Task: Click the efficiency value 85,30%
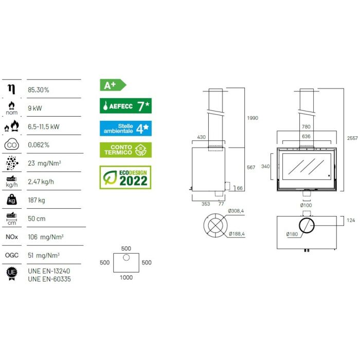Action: tap(39, 90)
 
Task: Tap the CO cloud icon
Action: tap(12, 145)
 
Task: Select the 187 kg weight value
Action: tap(37, 200)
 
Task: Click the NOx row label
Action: tap(12, 237)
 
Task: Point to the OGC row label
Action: tap(12, 255)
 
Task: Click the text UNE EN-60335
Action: tap(49, 279)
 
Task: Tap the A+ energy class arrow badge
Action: tap(113, 85)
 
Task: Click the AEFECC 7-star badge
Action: tap(125, 106)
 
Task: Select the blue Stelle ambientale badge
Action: tap(125, 129)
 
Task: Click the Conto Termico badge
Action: tap(125, 150)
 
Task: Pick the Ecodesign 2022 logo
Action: tap(125, 177)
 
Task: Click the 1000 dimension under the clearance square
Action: tap(126, 277)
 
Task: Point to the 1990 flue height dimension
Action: tap(253, 118)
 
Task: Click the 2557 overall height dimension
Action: tap(352, 138)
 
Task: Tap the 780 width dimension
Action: tap(306, 127)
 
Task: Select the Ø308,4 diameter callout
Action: tap(236, 211)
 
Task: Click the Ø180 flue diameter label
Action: tap(292, 234)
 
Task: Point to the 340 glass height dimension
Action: tap(265, 166)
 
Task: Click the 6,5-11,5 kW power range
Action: tap(44, 127)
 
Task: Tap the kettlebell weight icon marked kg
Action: tap(12, 200)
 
